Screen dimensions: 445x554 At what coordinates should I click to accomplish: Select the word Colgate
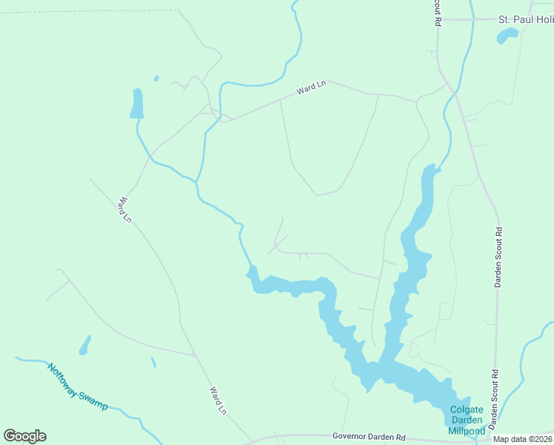(x=467, y=410)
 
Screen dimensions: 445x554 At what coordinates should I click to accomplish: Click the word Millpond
(x=467, y=431)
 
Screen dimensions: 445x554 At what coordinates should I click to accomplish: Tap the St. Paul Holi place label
(x=525, y=19)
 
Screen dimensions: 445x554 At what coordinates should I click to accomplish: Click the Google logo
(x=24, y=436)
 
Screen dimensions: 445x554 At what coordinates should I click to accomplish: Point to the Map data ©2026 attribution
(x=523, y=439)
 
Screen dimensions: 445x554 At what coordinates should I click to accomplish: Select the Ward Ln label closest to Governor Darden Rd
(x=217, y=400)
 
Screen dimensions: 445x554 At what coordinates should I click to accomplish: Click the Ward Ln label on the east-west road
(x=311, y=88)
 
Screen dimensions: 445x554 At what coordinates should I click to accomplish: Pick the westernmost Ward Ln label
(x=124, y=209)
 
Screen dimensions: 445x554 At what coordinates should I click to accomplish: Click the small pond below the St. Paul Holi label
(x=507, y=36)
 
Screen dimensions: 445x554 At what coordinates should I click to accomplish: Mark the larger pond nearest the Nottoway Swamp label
(x=85, y=345)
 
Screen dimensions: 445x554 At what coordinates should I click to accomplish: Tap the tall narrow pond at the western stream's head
(x=137, y=103)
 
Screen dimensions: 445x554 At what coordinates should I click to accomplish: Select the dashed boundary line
(x=89, y=11)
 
